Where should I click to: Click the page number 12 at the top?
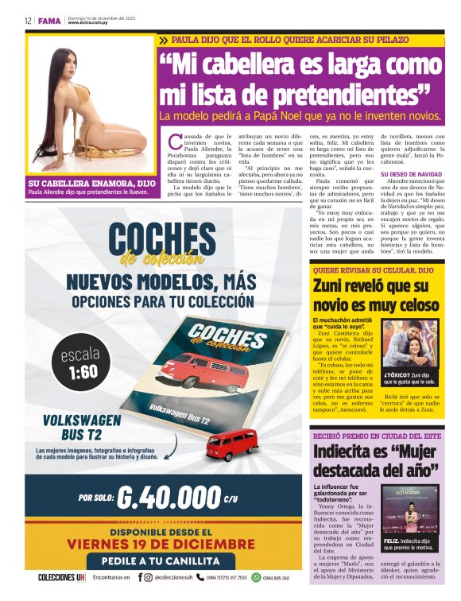pos(28,21)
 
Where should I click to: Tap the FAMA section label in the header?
pos(49,21)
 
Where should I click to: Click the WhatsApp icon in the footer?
pos(256,578)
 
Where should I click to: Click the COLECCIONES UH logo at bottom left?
pos(61,578)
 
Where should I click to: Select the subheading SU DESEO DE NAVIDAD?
pos(411,173)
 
